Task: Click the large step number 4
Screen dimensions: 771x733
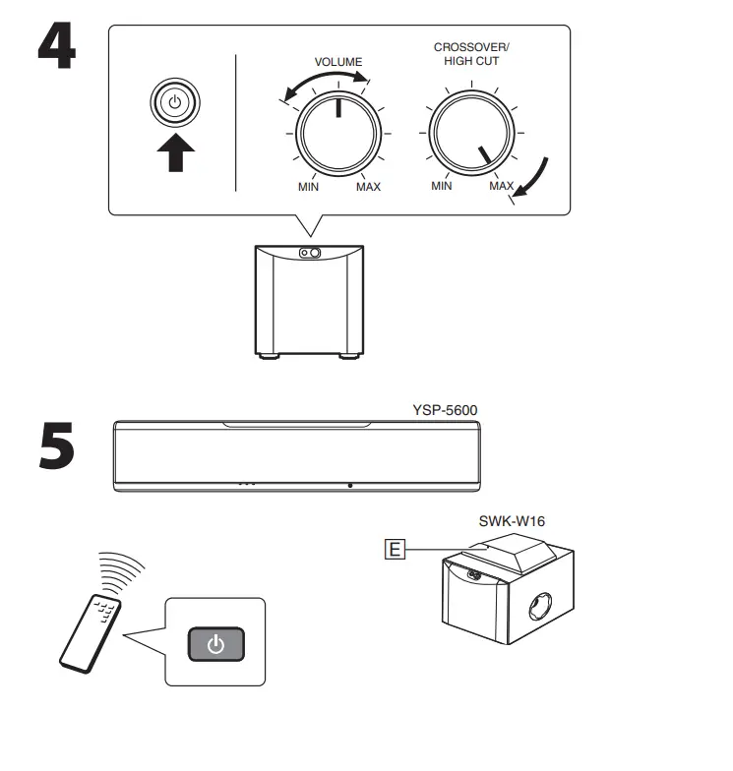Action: [57, 45]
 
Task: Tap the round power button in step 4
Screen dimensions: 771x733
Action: [174, 102]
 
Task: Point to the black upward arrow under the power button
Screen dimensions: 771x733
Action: [174, 152]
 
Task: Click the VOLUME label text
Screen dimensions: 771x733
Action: [337, 62]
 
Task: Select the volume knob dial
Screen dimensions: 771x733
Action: [338, 131]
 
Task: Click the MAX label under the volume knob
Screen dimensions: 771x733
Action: [368, 187]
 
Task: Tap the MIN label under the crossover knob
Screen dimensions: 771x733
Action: [442, 185]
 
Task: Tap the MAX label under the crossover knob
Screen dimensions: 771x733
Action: [501, 185]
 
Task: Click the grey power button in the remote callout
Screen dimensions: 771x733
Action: [215, 645]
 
